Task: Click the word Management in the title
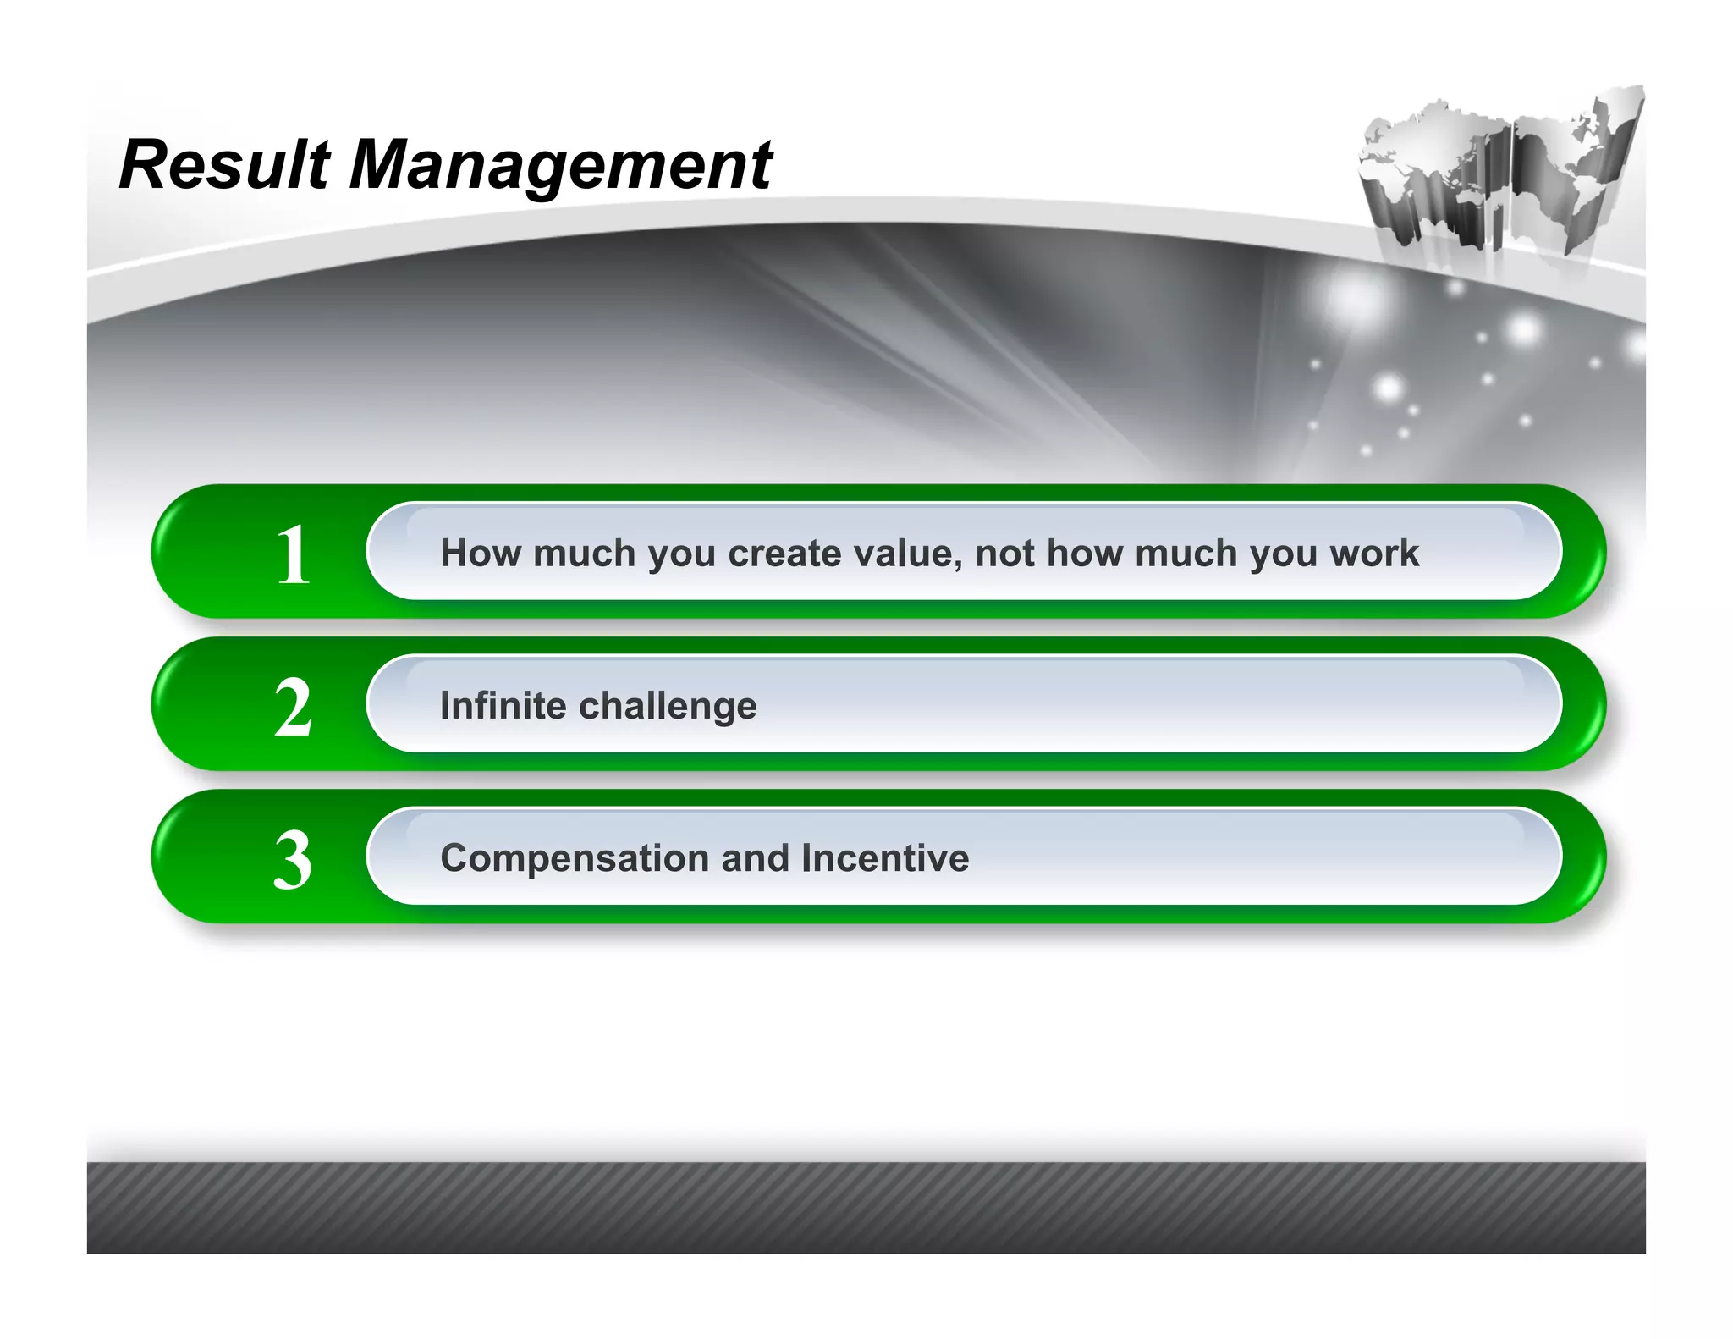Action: [560, 166]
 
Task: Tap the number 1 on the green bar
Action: [294, 554]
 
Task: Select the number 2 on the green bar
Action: [294, 708]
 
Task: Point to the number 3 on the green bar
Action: [294, 860]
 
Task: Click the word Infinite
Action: [503, 705]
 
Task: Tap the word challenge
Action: [668, 706]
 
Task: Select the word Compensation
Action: [575, 858]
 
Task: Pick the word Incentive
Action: [885, 858]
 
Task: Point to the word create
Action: [784, 554]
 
